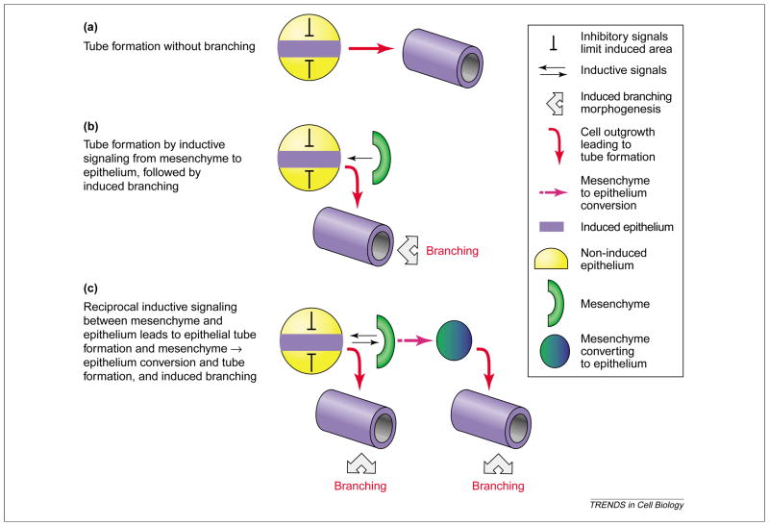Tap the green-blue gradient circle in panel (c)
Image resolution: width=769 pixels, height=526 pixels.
tap(456, 338)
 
